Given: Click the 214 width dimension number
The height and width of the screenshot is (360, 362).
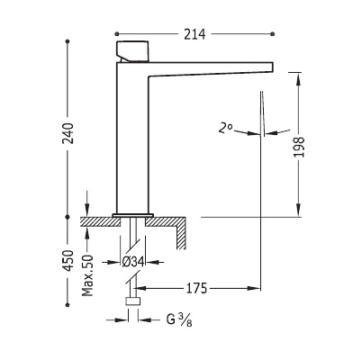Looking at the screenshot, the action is pos(195,34).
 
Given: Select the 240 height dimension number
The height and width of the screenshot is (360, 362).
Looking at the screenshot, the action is pos(69,133).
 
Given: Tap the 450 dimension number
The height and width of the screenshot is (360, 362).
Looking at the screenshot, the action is pos(69,260).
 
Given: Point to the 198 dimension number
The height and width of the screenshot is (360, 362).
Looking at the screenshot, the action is pos(299,147).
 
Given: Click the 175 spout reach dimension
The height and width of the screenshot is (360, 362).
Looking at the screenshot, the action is pos(196,288).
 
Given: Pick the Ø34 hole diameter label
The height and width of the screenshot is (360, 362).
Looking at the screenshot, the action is pos(133,262).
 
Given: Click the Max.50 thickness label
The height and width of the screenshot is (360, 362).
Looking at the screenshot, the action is pos(87,275).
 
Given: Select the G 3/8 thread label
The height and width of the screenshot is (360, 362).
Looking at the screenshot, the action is pos(179,319).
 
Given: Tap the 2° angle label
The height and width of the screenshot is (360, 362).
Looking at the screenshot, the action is pos(225,129).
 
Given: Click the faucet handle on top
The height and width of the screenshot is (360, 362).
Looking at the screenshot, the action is pos(132,51).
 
